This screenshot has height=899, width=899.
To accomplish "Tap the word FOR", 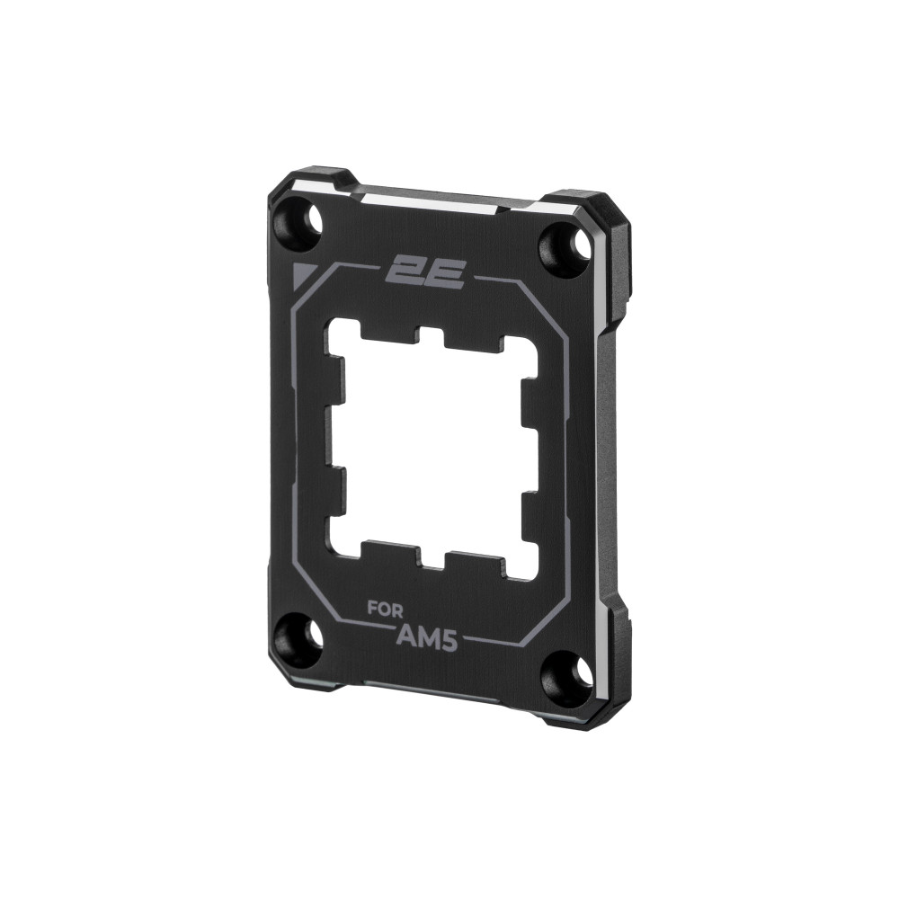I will click(384, 608).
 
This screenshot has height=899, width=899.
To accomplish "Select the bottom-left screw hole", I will click(298, 636).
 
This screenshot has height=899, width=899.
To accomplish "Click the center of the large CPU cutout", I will click(432, 449).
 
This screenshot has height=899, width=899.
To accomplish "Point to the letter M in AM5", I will click(431, 637).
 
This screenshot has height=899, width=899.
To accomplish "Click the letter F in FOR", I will click(371, 607).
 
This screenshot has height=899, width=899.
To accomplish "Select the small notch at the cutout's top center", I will click(430, 337).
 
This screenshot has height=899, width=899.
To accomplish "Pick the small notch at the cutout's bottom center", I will click(431, 561).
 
